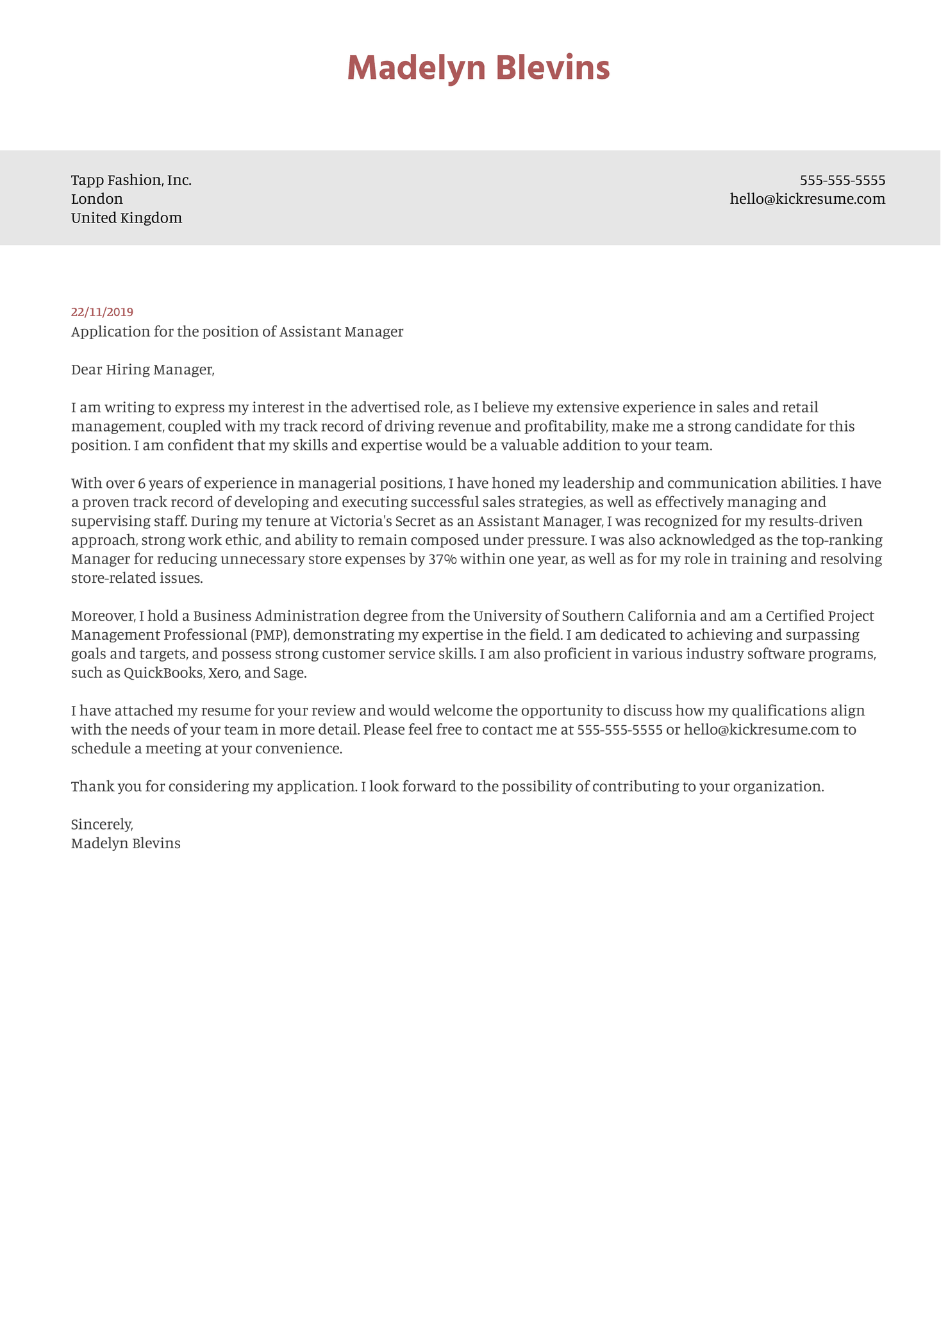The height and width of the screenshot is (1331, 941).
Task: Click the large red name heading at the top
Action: (x=478, y=69)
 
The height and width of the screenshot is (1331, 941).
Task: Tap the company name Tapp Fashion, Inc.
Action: (x=131, y=180)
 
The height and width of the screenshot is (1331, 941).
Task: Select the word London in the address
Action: (x=97, y=199)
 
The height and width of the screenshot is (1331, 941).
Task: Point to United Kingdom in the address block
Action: (x=126, y=218)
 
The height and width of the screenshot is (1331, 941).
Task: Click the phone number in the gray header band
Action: (x=842, y=180)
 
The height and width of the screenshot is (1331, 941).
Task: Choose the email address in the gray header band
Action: (x=807, y=199)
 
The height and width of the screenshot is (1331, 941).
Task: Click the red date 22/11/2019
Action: (x=102, y=312)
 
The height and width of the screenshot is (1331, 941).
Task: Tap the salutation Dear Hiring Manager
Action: (x=142, y=369)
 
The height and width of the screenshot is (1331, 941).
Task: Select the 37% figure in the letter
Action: (x=442, y=559)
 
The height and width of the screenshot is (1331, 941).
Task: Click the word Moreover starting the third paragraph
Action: (x=103, y=616)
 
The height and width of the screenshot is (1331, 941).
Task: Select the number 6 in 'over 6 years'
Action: (x=142, y=483)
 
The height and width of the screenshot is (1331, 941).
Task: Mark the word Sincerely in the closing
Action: (x=102, y=825)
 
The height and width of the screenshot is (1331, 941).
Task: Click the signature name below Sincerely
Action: (x=126, y=843)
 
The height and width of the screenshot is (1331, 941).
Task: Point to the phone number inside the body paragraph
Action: (x=619, y=730)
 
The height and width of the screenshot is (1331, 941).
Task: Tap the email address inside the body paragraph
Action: (x=762, y=730)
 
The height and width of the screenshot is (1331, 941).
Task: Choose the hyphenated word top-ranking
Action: (x=844, y=540)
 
